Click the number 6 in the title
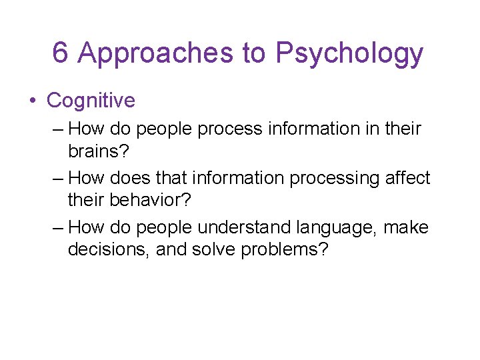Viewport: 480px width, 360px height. pos(60,53)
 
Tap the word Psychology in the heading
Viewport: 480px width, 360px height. pos(349,53)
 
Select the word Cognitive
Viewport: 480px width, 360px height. pos(91,101)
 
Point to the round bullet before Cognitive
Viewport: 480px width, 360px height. pos(32,101)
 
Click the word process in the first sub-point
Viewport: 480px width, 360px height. pos(223,128)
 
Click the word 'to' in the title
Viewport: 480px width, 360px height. pos(254,53)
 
